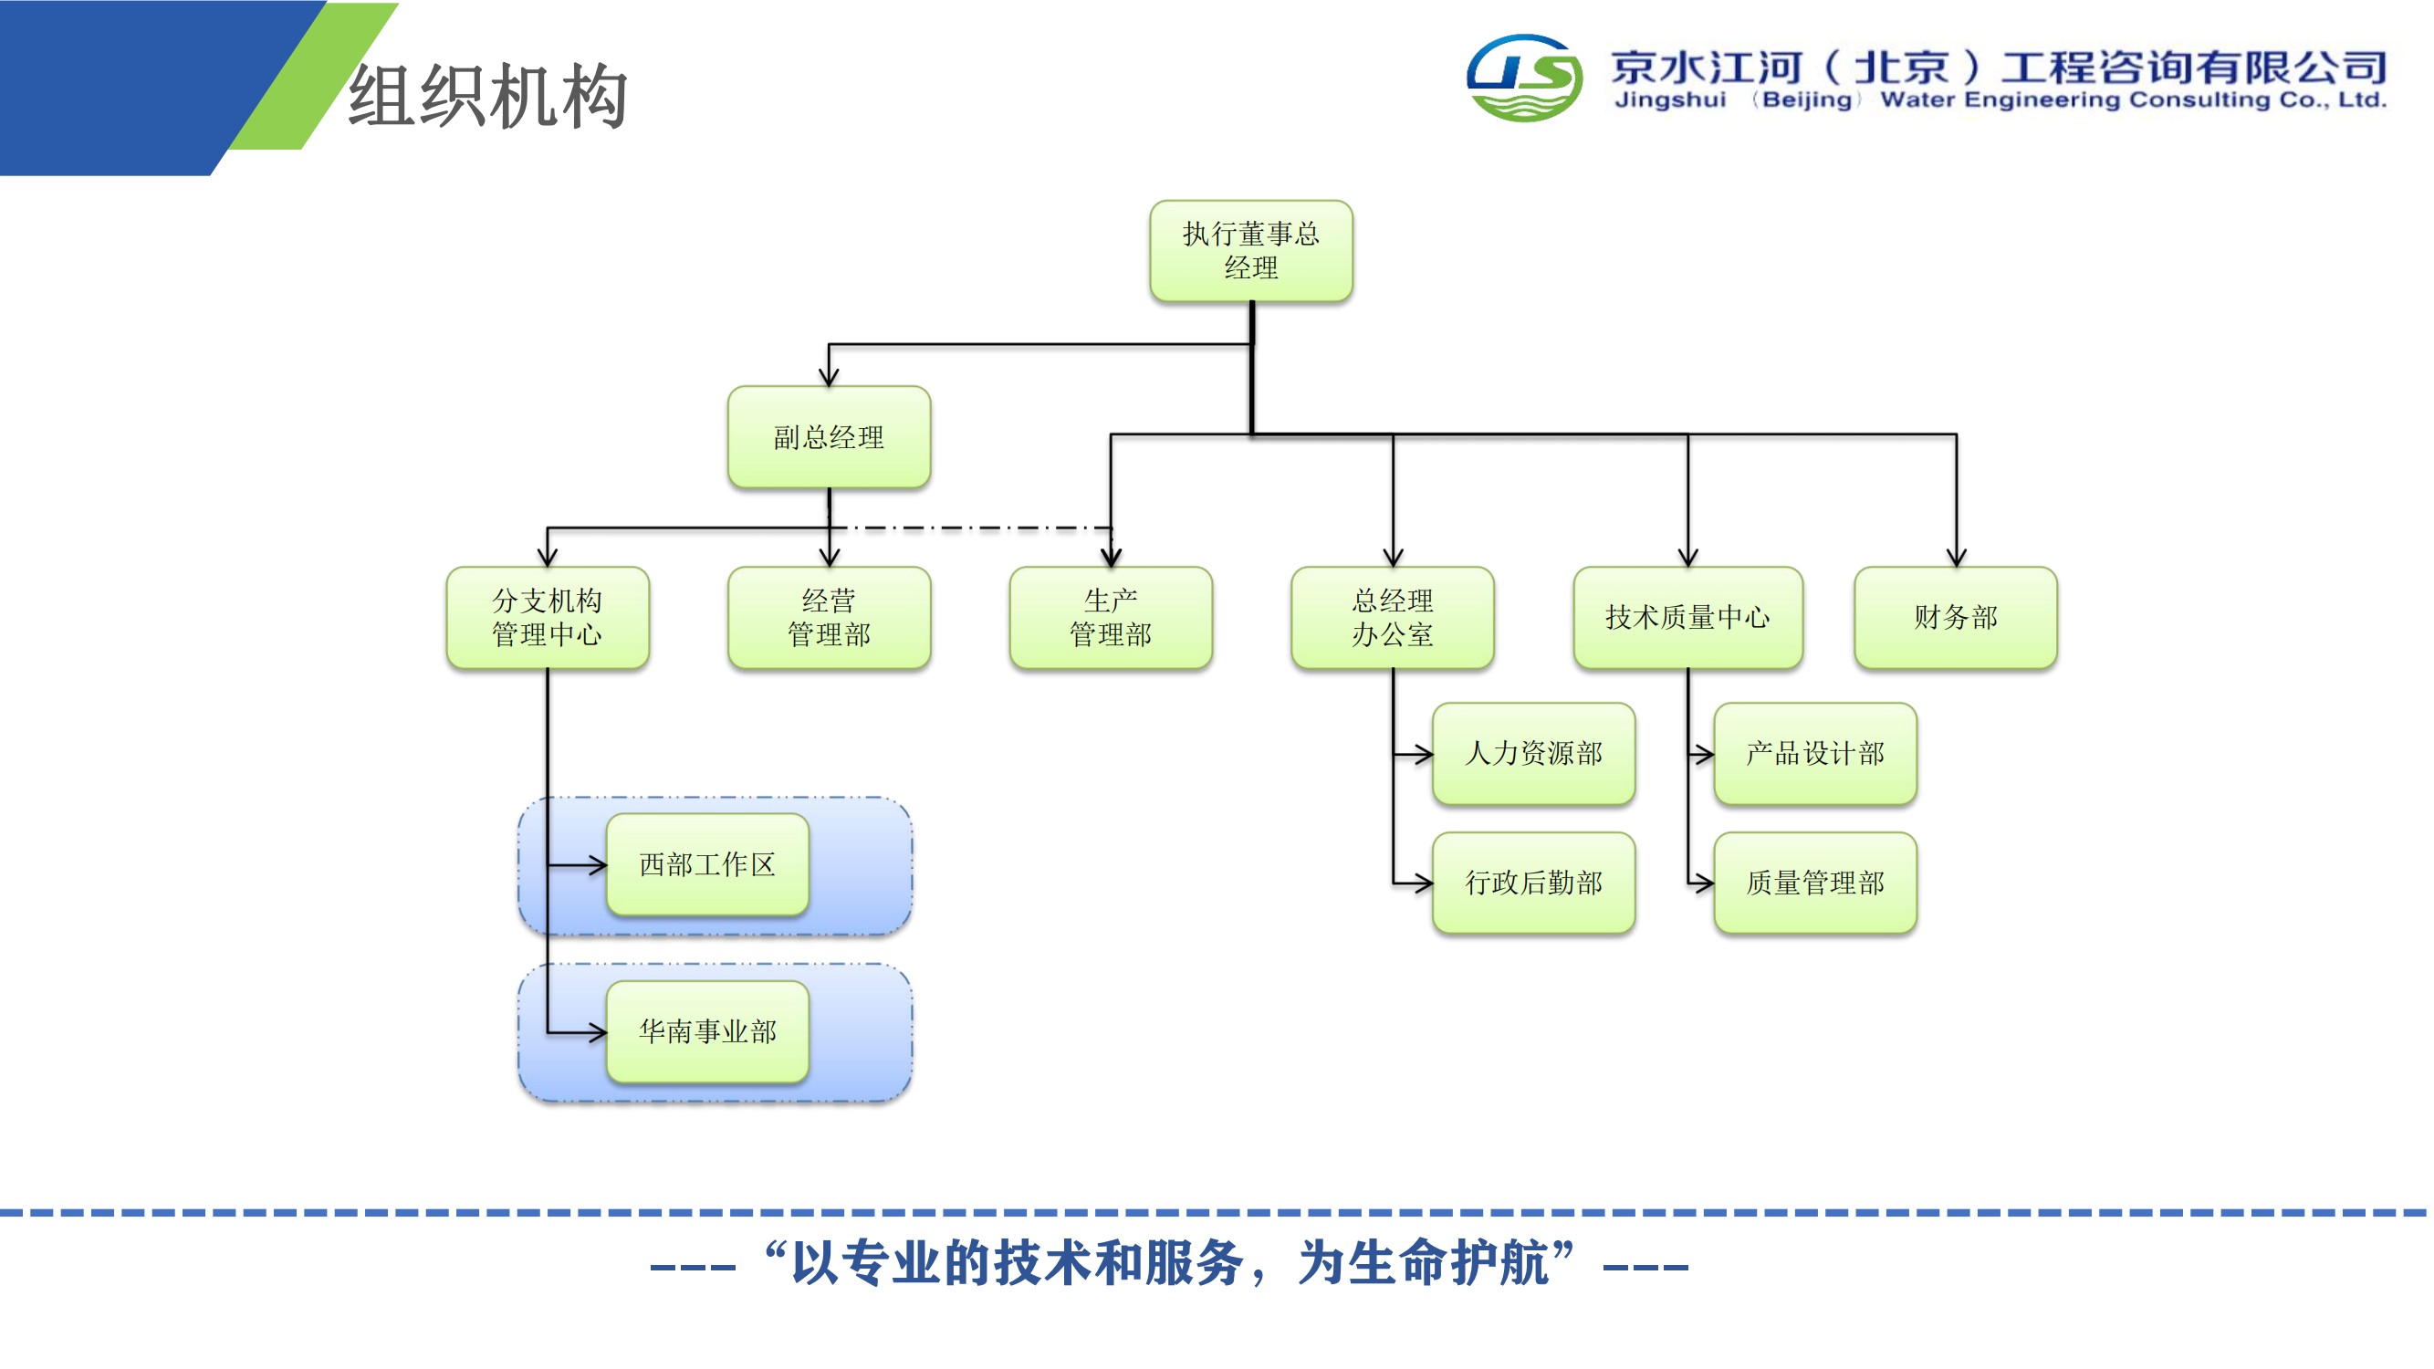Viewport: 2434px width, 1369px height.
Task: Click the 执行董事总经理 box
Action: coord(1251,251)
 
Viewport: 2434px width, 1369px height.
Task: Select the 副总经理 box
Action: coord(829,436)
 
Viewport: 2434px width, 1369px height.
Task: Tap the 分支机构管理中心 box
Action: coord(547,618)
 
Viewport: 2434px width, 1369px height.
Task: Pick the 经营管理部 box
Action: coord(829,618)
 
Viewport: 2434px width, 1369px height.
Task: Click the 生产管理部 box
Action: coord(1111,618)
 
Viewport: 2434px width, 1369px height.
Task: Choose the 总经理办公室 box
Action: coord(1392,618)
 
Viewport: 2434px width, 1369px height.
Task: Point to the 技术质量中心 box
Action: coord(1687,618)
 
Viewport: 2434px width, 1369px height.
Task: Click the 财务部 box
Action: coord(1956,618)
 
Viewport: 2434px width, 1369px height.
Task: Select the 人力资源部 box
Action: coord(1533,754)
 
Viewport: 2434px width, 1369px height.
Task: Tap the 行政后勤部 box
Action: coord(1533,883)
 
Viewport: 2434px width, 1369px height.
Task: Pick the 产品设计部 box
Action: coord(1815,754)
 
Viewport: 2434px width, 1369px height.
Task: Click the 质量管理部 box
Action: coord(1815,883)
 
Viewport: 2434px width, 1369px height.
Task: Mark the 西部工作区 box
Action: coord(707,864)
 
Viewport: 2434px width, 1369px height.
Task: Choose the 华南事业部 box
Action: coord(707,1031)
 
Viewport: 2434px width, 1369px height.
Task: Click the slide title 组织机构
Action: coord(487,96)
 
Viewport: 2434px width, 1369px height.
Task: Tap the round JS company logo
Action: coord(1524,78)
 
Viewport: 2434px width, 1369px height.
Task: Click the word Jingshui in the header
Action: coord(1670,100)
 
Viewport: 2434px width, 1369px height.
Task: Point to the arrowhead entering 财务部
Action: coord(1956,559)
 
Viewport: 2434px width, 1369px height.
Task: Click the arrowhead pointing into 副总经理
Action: coord(829,377)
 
